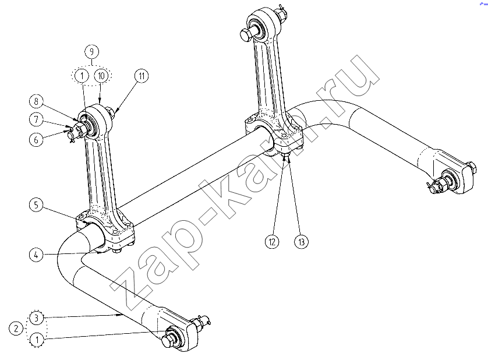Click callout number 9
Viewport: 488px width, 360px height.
tap(91, 51)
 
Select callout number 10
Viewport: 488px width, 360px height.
tap(101, 76)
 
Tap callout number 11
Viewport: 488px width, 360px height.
tap(142, 76)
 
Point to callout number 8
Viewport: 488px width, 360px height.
tap(37, 101)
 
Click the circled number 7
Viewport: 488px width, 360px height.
tap(37, 119)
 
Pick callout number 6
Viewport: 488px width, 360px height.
tap(37, 140)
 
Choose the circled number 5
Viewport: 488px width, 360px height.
tap(37, 205)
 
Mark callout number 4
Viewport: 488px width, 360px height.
tap(37, 255)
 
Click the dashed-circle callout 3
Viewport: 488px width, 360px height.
tap(37, 318)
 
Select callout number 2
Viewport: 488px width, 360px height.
tap(16, 328)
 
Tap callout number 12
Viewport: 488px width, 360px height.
tap(272, 242)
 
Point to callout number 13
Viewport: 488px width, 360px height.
tap(301, 242)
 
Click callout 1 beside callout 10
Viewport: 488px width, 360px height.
tap(82, 76)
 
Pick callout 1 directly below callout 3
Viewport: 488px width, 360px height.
tap(37, 339)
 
